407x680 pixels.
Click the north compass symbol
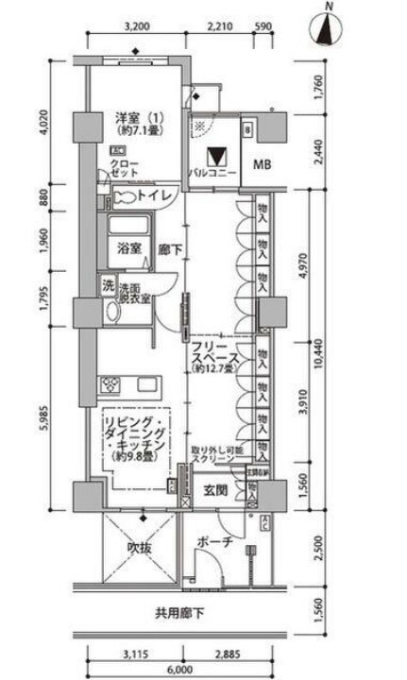[327, 25]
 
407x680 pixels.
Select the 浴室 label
[129, 249]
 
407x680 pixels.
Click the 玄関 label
[213, 490]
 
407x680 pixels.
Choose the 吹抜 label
[141, 548]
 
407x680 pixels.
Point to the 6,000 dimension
[180, 665]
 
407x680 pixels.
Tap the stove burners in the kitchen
[112, 384]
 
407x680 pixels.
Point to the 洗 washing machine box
[107, 286]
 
